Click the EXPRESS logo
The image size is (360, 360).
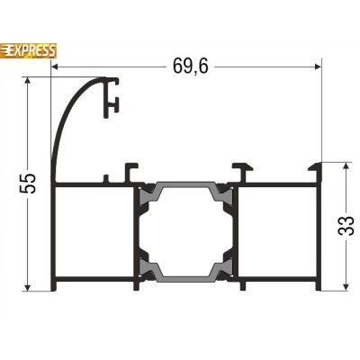coord(28,51)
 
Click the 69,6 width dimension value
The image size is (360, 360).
coord(191,67)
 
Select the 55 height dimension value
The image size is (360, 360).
coord(28,183)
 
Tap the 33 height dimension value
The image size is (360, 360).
coord(346,226)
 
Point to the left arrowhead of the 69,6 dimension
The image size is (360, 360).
coord(55,67)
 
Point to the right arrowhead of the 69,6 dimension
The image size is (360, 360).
coord(318,67)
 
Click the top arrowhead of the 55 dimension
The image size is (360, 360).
coord(28,81)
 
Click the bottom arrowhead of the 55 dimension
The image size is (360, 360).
coord(28,287)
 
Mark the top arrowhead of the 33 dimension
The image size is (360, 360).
coord(346,166)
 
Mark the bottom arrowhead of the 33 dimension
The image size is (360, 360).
coord(346,287)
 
